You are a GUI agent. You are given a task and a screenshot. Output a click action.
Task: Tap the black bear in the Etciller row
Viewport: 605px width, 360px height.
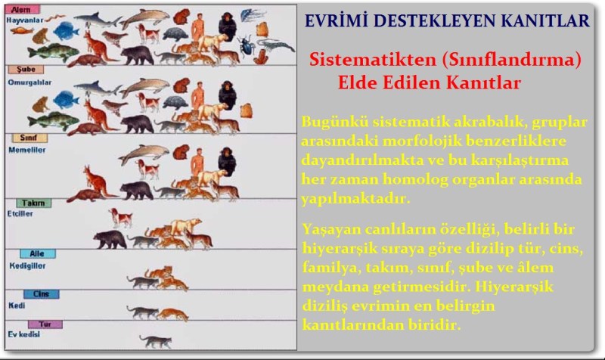pyautogui.click(x=110, y=241)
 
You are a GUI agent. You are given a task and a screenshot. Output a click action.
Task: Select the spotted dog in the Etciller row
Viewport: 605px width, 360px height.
pyautogui.click(x=120, y=218)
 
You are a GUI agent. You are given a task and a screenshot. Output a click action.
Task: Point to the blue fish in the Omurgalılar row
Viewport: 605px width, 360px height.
pyautogui.click(x=67, y=99)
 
